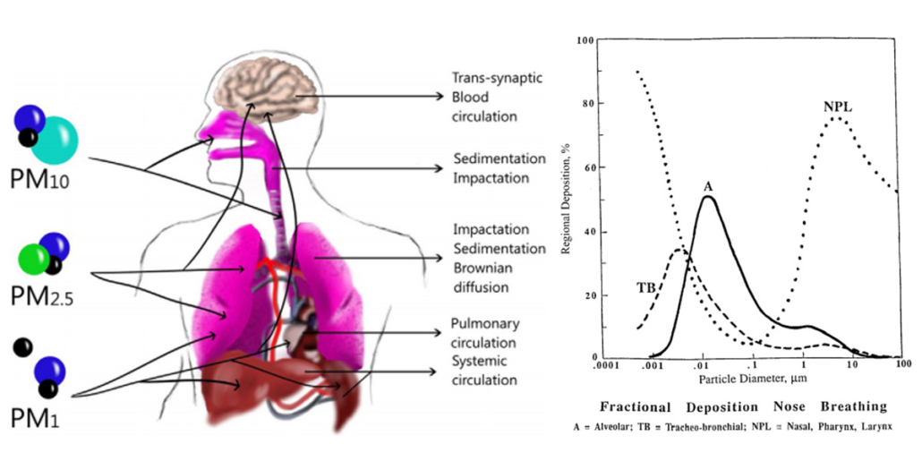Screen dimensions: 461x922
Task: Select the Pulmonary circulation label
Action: point(484,333)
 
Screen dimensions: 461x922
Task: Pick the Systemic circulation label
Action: point(484,371)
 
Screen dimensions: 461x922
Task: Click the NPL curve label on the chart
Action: point(836,107)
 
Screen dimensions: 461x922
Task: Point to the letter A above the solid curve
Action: point(707,185)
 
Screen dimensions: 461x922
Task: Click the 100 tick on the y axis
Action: point(585,40)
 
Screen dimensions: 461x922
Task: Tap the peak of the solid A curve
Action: point(707,197)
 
